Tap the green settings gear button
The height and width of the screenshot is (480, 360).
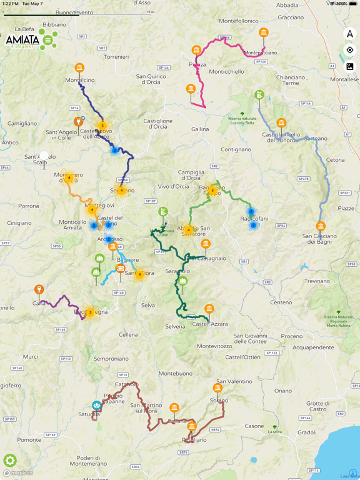click(10, 461)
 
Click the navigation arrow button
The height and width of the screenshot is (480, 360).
click(349, 34)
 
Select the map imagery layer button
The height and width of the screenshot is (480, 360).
click(349, 66)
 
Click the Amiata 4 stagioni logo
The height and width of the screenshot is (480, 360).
click(31, 40)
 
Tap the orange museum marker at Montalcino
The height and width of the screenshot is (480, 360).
click(79, 68)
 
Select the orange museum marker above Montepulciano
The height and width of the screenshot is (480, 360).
click(264, 32)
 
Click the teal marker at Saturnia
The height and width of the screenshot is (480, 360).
click(96, 406)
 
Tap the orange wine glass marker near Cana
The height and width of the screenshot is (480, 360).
click(39, 289)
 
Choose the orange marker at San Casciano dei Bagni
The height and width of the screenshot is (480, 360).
click(321, 226)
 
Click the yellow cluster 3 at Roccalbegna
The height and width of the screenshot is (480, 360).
click(90, 312)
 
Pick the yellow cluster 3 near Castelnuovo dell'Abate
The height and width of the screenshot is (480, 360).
click(102, 126)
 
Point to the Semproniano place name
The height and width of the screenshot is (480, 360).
click(111, 359)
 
